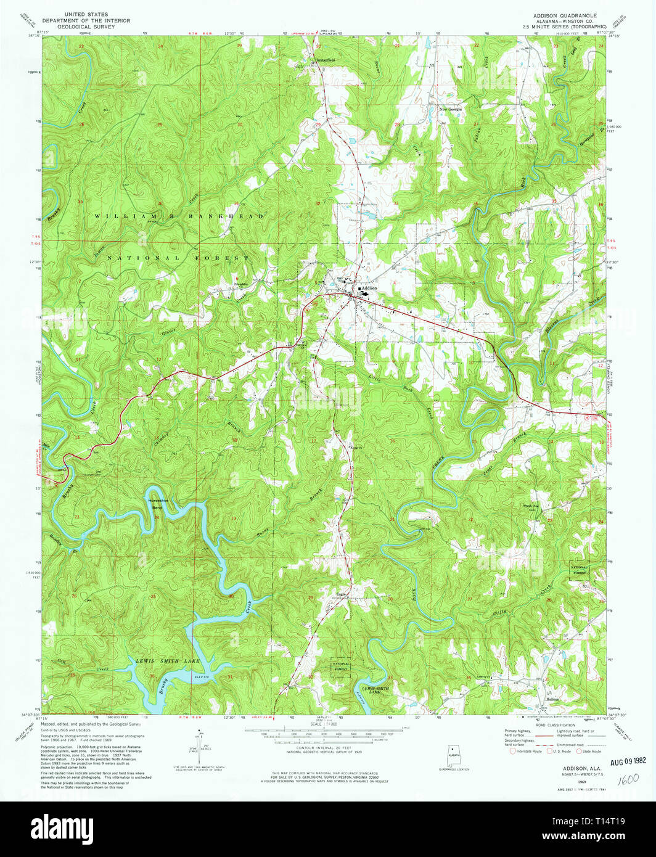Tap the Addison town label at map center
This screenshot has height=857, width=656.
[x=369, y=288]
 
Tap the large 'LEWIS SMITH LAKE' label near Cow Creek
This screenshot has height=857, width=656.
[x=168, y=661]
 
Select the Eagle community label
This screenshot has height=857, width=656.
[x=340, y=594]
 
